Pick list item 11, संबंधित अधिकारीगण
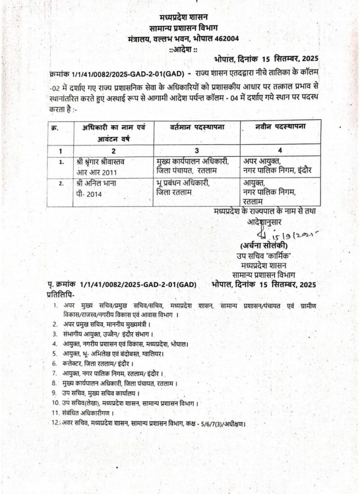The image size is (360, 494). tap(87, 413)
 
